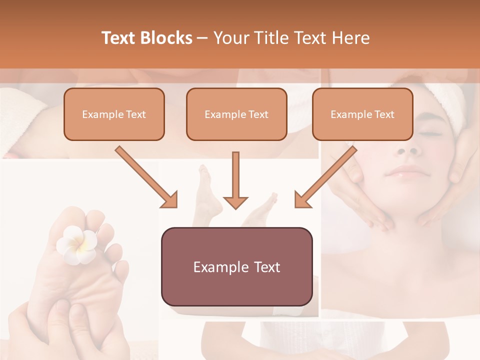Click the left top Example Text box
coord(114,114)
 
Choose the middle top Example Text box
coord(236,114)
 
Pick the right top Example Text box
coord(362,114)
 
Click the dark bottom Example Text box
coord(236,266)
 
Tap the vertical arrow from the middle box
coord(235,180)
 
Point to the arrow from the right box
coord(325,177)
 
